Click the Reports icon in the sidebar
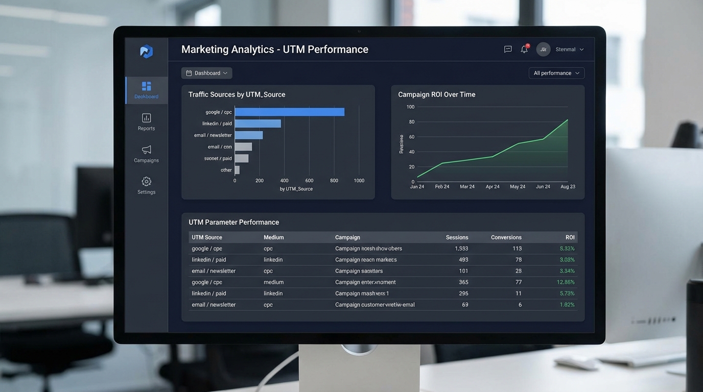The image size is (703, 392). pos(146,118)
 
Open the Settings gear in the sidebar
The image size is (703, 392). pos(146,182)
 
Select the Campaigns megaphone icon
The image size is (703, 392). pos(146,150)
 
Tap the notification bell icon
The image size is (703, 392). pos(524,50)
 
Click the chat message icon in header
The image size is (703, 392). pos(508,50)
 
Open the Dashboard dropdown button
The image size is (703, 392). pos(206,73)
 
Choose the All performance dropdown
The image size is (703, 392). pos(556,73)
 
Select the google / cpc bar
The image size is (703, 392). pos(289,112)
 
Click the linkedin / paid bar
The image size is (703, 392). pos(257,124)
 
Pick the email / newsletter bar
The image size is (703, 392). pos(249,135)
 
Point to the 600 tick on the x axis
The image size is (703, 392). pos(309,181)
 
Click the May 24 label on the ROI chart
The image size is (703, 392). pos(518,187)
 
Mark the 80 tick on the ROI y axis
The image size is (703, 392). pos(411,121)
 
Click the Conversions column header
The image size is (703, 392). pos(506,237)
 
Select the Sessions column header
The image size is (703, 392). pos(457,237)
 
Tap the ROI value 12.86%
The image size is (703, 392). pos(566,282)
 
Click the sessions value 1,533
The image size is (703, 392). pos(461,249)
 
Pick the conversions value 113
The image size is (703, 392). pos(517,249)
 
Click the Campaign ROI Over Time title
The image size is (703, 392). pos(436,94)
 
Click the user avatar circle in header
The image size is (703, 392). pos(543,50)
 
